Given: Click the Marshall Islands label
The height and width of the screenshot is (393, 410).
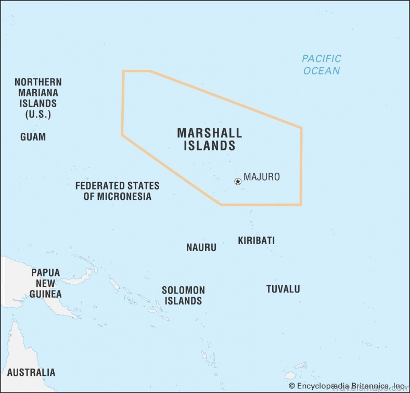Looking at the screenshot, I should coord(209,139).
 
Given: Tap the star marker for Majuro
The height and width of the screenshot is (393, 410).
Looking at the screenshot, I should coord(238,181).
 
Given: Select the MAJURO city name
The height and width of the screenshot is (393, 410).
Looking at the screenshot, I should coord(262,177).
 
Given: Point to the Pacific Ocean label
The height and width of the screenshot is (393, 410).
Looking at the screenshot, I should coord(322,65).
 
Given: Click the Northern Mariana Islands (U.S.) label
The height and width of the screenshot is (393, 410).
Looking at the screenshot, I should coord(38,98).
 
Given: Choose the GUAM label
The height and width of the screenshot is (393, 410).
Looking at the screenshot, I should coord(33,137).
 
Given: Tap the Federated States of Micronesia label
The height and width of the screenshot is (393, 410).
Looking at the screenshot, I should coord(117,191).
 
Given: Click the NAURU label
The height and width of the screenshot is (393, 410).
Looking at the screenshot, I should coord(201,247).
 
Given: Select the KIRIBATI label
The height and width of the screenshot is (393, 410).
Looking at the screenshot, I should coord(256,240).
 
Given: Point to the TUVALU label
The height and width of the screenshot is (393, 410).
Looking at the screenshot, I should coord(283,289).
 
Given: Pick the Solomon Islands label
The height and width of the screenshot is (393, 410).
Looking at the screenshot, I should coord(183,295).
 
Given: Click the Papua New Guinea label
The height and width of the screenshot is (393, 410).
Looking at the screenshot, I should coord(45,283).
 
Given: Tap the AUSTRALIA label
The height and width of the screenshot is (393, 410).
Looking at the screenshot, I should coord(31,372).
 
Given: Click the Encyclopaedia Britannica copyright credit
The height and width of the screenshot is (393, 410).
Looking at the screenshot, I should coord(347,386).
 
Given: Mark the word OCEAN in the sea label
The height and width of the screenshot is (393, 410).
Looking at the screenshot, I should coord(322,71).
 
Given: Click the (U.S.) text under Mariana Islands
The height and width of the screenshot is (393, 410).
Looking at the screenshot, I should coord(38,115).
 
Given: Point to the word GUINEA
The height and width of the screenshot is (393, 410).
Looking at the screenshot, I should coord(45,294).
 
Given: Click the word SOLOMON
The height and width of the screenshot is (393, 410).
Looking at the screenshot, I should coord(183,290).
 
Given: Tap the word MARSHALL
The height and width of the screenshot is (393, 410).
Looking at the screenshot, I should coord(209,133).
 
